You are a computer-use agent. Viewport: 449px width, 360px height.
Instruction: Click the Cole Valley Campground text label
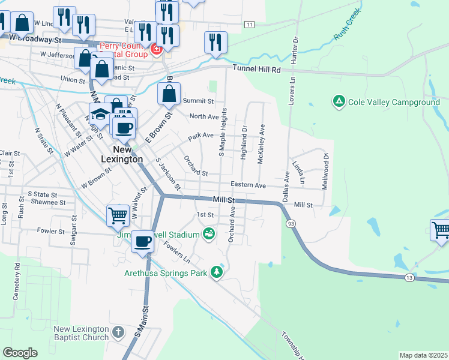pos(394,103)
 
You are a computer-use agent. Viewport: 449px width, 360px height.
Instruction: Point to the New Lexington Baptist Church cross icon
pos(118,332)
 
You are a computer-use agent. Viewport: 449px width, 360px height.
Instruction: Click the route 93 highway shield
pos(291,223)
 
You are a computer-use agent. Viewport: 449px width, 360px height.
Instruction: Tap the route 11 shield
pos(249,24)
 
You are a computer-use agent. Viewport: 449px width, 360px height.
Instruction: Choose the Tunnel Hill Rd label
pos(256,70)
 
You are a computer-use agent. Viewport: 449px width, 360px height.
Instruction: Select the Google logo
pos(20,352)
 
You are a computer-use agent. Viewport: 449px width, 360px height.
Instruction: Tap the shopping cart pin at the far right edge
pos(441,230)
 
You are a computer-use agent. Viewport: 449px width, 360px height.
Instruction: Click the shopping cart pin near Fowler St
pos(118,215)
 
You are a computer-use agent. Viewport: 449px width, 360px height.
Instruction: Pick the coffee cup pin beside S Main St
pos(142,241)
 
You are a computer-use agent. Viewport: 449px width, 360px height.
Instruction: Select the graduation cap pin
pos(100,114)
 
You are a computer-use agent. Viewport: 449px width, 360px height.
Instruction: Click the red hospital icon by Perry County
pos(156,48)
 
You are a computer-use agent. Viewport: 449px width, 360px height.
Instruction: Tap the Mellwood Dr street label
pos(325,171)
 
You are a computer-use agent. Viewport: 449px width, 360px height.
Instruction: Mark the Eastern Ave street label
pos(249,186)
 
